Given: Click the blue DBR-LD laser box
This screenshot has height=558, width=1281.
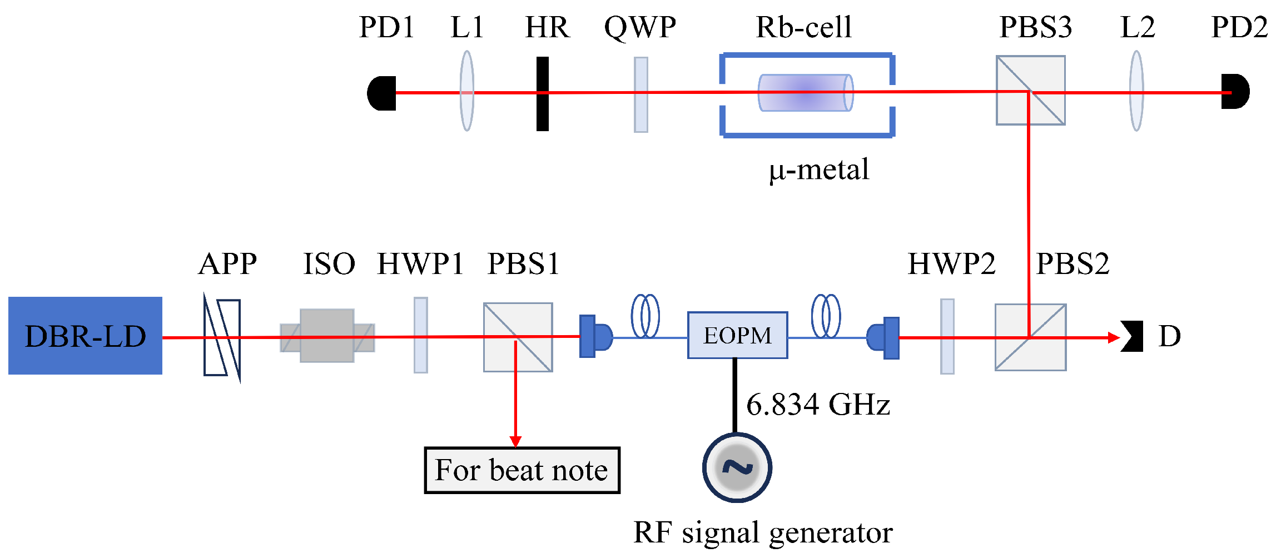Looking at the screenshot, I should pyautogui.click(x=85, y=336).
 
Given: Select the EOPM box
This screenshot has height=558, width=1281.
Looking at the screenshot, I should pyautogui.click(x=737, y=335).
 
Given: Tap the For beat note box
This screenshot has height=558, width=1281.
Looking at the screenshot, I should pyautogui.click(x=522, y=470).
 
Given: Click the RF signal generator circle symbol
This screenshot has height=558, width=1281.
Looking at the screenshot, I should pyautogui.click(x=737, y=467).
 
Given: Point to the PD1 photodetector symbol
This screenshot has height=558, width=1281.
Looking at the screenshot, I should pyautogui.click(x=382, y=93).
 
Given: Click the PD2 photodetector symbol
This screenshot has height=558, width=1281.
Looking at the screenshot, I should pyautogui.click(x=1235, y=92).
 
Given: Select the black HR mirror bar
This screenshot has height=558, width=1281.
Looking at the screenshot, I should pyautogui.click(x=543, y=93).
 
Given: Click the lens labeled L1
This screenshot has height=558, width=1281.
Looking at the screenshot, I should pyautogui.click(x=467, y=92).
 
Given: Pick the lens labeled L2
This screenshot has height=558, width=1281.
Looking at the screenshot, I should pyautogui.click(x=1136, y=92).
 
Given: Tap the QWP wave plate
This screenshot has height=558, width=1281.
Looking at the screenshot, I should pyautogui.click(x=641, y=94).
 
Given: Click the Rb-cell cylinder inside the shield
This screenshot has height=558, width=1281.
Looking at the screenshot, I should pyautogui.click(x=805, y=93).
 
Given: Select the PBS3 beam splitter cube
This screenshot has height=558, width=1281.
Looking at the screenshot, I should pyautogui.click(x=1030, y=91).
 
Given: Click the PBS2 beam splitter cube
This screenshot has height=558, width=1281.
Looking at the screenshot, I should pyautogui.click(x=1030, y=337).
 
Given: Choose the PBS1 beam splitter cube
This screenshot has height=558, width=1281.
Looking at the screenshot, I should pyautogui.click(x=518, y=337).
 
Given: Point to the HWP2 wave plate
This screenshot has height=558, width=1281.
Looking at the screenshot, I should pyautogui.click(x=947, y=336).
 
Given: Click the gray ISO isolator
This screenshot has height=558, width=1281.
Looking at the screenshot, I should pyautogui.click(x=327, y=336).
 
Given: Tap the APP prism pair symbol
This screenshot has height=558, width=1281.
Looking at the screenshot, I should pyautogui.click(x=222, y=337).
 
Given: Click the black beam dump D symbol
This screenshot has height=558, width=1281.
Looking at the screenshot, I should pyautogui.click(x=1132, y=336).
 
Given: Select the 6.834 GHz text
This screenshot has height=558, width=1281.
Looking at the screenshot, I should pyautogui.click(x=818, y=405).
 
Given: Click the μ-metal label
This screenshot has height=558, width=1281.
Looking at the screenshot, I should pyautogui.click(x=819, y=170).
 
